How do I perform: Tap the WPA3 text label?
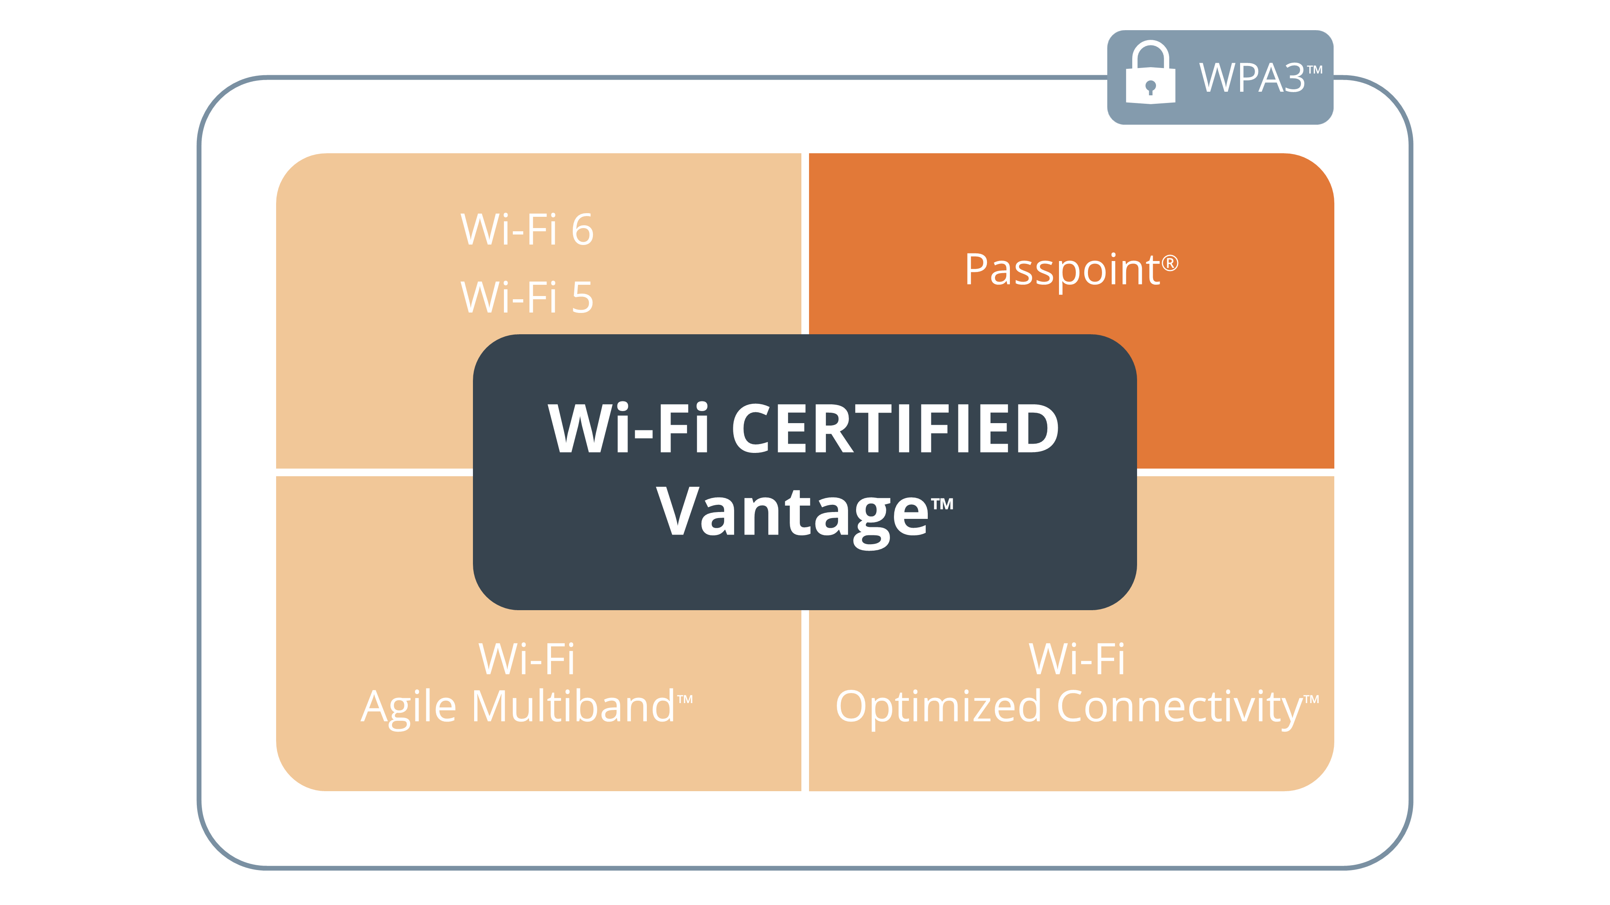[1252, 78]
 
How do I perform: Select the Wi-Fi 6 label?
[527, 229]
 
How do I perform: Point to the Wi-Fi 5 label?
[527, 297]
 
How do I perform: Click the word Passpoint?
[1062, 270]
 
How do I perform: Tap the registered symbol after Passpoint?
[1170, 263]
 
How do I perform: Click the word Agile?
[409, 709]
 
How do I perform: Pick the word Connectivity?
[1179, 709]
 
